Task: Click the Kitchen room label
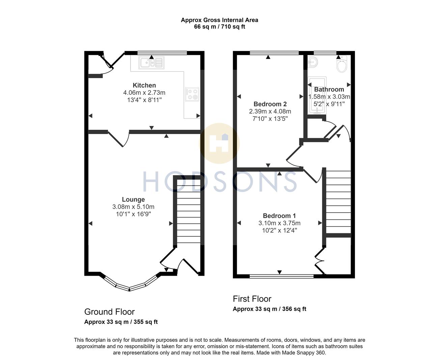pos(144,85)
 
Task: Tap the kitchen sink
pos(151,63)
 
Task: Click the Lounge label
pos(133,200)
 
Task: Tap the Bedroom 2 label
pos(270,104)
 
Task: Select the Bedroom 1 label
pos(279,216)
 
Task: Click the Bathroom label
pos(329,89)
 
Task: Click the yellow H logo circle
pos(220,144)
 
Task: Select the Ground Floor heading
pos(109,312)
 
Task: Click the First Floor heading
pos(252,299)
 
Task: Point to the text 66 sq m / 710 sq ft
pos(219,27)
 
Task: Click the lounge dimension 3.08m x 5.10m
pos(133,207)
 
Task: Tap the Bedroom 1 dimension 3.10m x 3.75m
pos(279,223)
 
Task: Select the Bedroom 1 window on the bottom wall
pos(281,276)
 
